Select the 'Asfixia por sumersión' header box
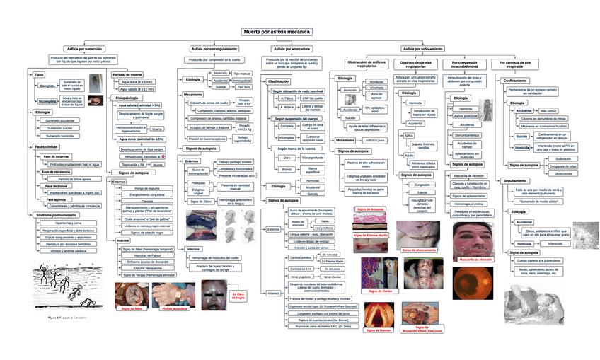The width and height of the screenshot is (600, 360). (84, 49)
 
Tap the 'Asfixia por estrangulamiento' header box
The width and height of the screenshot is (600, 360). (214, 49)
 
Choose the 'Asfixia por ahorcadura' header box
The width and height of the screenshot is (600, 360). (292, 49)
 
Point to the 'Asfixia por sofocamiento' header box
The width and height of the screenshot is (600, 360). (422, 49)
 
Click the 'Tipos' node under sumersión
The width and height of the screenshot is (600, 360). (39, 74)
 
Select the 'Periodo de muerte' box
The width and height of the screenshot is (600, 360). (127, 74)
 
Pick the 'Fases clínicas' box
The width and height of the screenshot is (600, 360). (46, 146)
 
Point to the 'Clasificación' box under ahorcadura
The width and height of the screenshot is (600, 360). (283, 82)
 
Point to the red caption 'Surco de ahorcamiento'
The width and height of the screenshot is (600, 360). (419, 250)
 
